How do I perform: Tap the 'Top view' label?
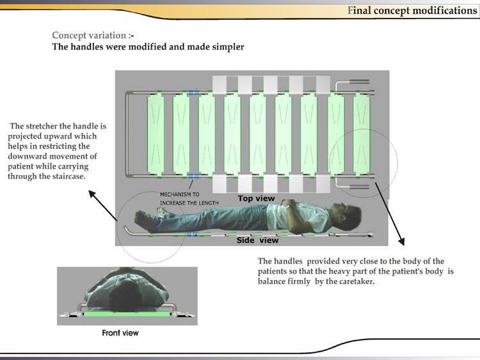coord(256,198)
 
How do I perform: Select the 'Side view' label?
coord(257,240)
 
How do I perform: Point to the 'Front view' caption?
coord(120,333)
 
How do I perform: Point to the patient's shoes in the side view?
coord(145,218)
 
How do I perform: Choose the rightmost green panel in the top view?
coord(362,134)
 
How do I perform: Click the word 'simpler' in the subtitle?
coord(225,47)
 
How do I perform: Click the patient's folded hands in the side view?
coord(289,206)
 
